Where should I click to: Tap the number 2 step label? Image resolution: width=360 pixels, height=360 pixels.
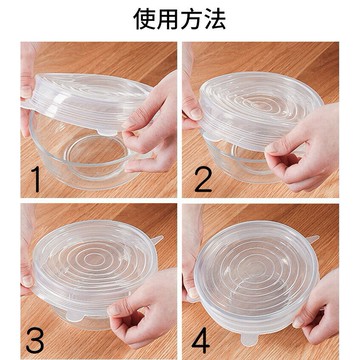click(203, 179)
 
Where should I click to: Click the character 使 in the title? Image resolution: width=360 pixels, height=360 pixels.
click(145, 19)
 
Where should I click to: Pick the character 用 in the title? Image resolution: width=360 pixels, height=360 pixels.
click(168, 19)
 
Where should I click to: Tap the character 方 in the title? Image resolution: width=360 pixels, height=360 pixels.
click(191, 19)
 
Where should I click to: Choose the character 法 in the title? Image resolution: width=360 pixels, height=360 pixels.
click(215, 19)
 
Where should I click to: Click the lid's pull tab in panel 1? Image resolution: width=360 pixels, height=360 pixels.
click(107, 132)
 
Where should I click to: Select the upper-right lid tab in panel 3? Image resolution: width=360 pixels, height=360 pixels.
click(157, 240)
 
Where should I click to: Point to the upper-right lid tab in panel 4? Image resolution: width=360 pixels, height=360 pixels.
click(313, 239)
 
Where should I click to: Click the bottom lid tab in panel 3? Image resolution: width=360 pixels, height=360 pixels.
click(74, 315)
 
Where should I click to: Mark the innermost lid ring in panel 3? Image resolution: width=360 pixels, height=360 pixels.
click(92, 258)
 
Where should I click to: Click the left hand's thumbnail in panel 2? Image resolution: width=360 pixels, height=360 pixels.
click(196, 113)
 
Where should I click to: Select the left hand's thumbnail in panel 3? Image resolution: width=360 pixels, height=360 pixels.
click(27, 281)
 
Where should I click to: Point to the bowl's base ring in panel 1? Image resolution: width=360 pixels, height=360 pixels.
click(97, 157)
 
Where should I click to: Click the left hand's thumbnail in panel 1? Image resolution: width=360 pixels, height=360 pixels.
click(26, 92)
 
